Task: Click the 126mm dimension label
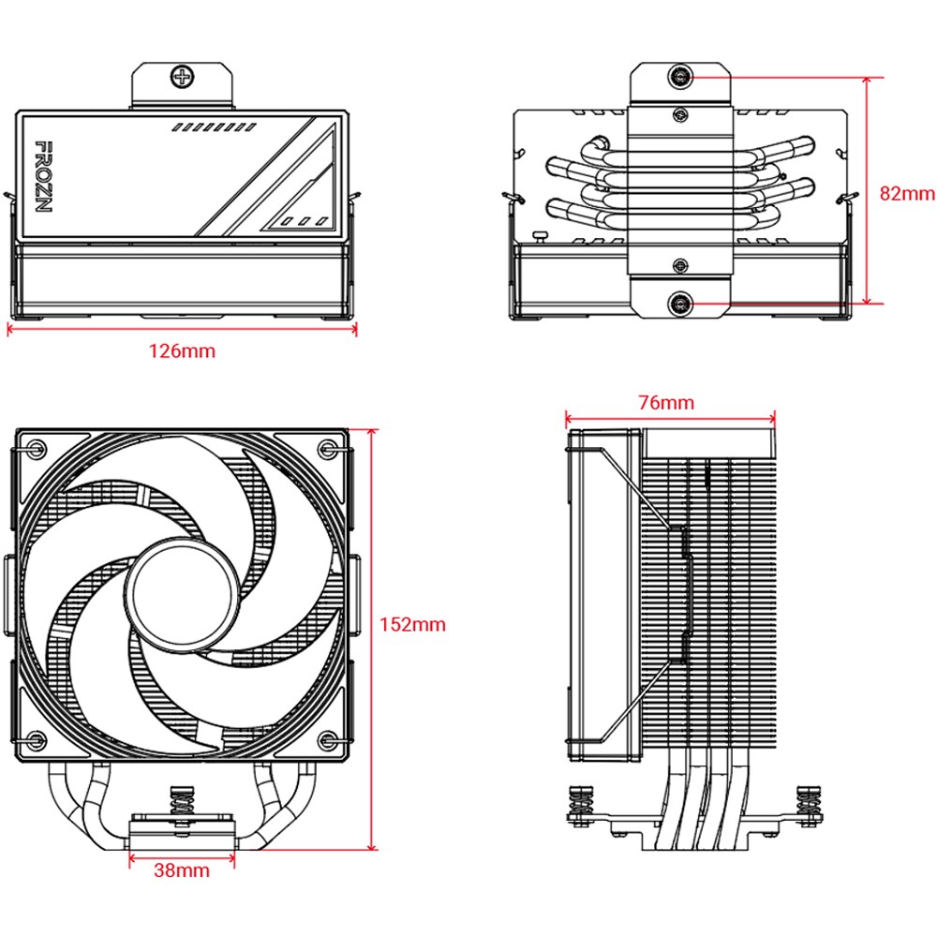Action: pos(182,351)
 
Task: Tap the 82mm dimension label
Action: pos(907,194)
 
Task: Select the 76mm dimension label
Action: pos(667,403)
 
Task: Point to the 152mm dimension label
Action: pos(412,624)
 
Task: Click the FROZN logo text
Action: pos(42,176)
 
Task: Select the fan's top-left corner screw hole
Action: pos(36,447)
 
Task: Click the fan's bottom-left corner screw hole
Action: pos(36,739)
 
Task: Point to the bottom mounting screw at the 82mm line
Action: pos(681,303)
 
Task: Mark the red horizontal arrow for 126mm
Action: pos(182,329)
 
